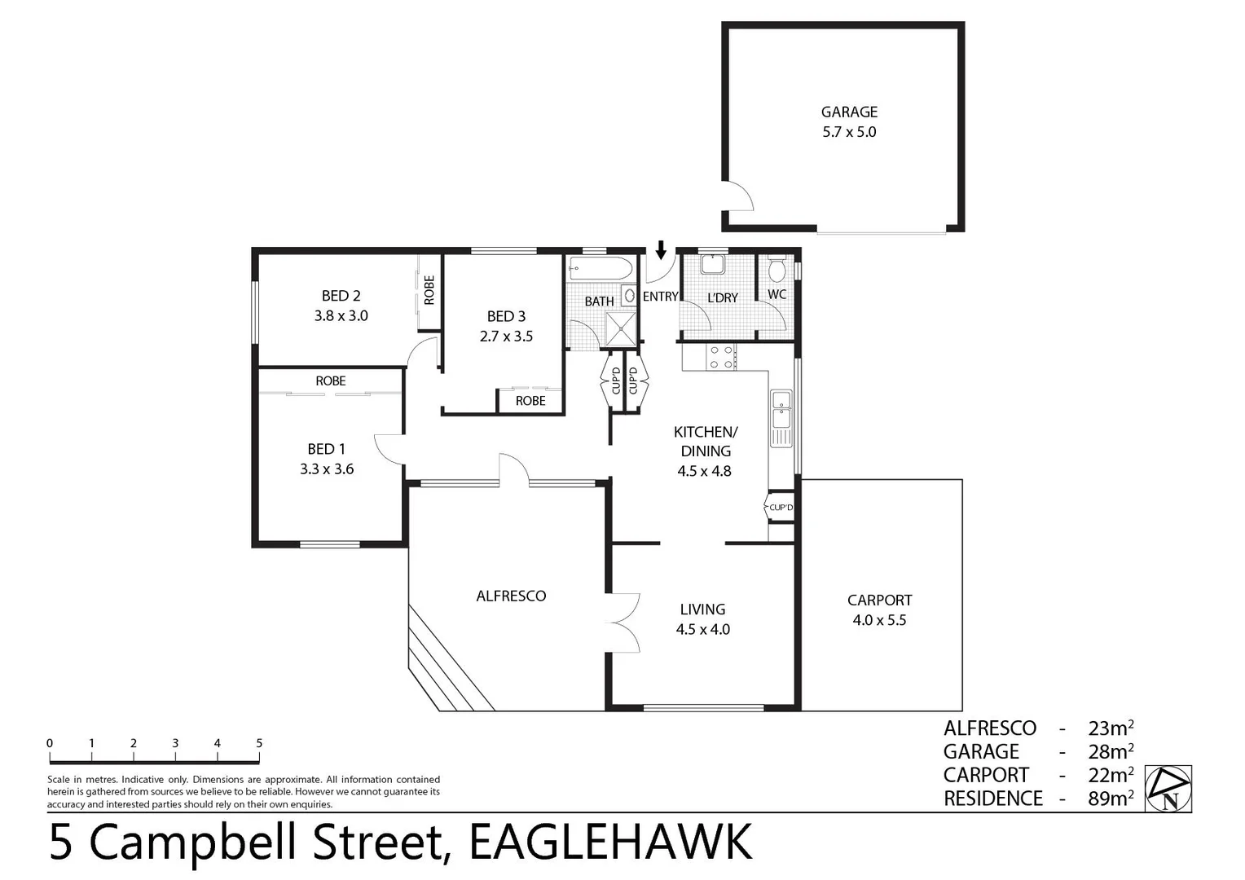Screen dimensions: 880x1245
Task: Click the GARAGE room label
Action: (x=849, y=112)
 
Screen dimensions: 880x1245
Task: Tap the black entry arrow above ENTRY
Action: (x=661, y=249)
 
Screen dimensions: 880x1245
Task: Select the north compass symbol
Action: (x=1168, y=789)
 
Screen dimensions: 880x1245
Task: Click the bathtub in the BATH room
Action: (x=600, y=268)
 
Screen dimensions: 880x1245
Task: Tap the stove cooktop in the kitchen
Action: (x=721, y=357)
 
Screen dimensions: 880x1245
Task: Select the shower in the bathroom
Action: (x=623, y=328)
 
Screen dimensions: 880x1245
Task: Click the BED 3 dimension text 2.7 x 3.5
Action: (x=506, y=336)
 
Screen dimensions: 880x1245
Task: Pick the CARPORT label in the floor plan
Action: (x=879, y=601)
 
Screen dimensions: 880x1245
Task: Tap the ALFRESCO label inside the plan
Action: (x=511, y=596)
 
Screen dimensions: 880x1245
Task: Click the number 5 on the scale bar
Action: (x=259, y=743)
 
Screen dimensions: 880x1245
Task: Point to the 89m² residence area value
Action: (x=1111, y=798)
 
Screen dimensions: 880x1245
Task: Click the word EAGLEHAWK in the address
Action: (x=611, y=843)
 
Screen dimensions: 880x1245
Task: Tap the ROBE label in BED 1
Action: (x=331, y=381)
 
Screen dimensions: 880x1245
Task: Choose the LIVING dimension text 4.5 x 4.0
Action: (x=702, y=629)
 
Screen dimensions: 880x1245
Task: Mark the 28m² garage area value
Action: (x=1111, y=751)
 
